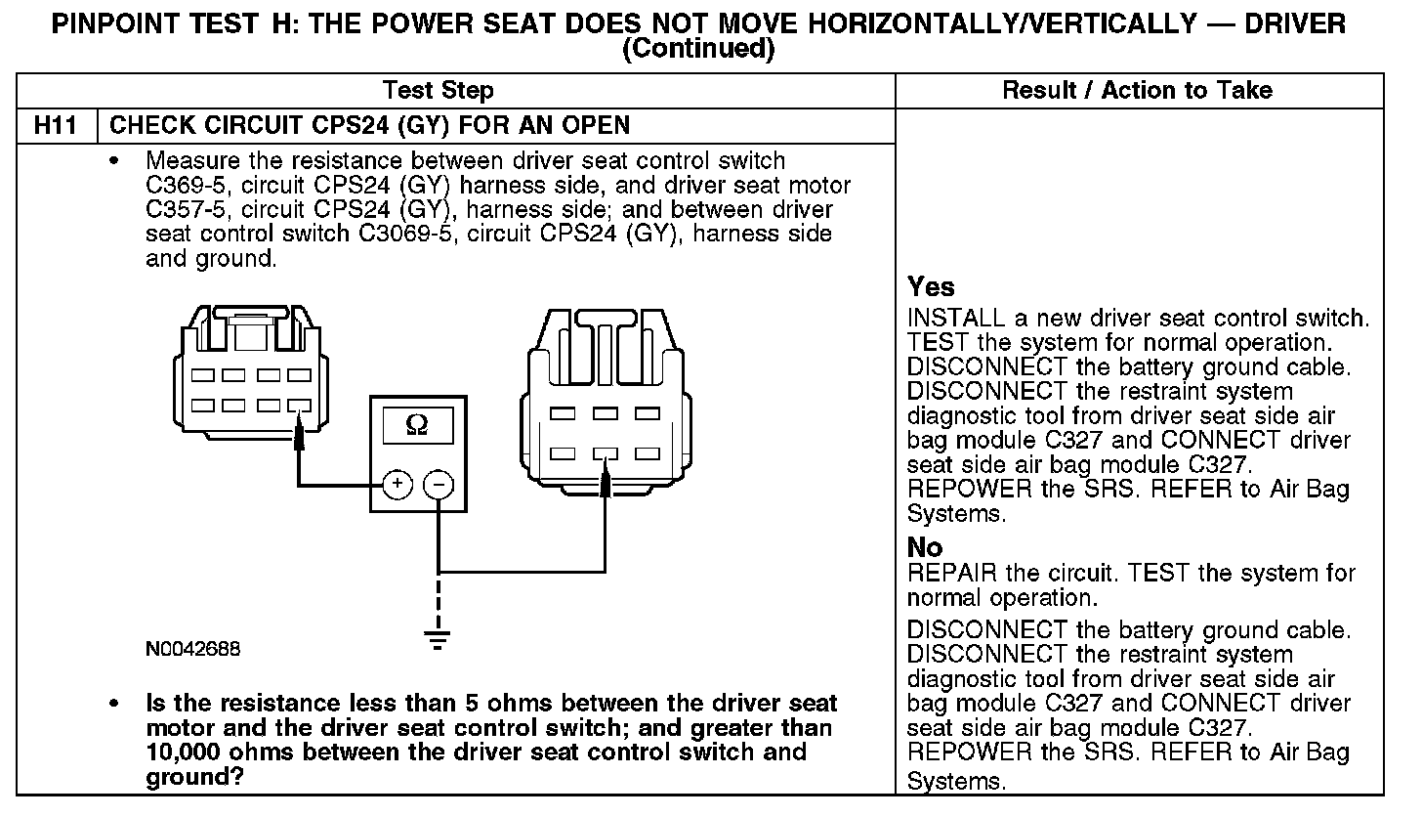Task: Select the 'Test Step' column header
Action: pos(439,91)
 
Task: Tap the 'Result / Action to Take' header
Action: pos(1138,91)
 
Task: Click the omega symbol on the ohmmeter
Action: pos(416,426)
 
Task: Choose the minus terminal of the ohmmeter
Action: pos(439,484)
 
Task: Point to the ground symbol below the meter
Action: pos(439,640)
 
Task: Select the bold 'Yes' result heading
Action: pos(931,286)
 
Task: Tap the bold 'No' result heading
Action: pos(925,546)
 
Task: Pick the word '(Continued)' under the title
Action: pos(697,49)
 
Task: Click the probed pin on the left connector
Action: pos(299,405)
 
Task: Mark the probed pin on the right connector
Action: pos(606,453)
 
